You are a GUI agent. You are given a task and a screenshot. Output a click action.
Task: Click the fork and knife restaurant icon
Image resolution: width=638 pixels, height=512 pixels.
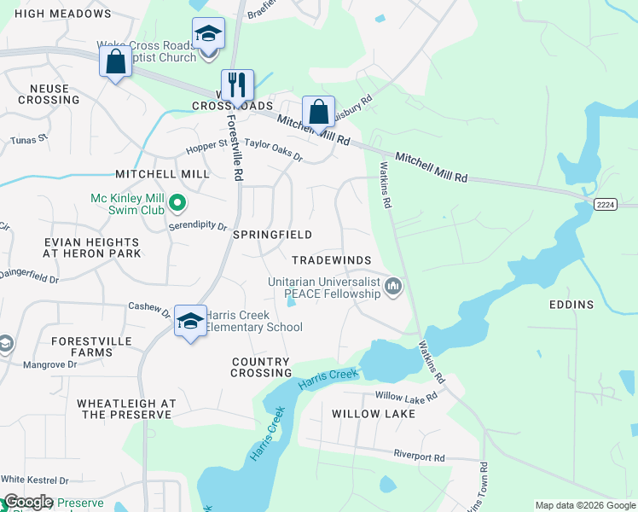point(238,84)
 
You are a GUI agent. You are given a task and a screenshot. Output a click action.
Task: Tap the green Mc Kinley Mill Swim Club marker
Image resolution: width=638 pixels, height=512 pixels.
point(177,203)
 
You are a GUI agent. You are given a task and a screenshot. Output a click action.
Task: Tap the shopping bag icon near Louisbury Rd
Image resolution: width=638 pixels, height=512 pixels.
point(318,111)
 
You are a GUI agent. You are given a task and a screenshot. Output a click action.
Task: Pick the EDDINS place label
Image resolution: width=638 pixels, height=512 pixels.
point(571,304)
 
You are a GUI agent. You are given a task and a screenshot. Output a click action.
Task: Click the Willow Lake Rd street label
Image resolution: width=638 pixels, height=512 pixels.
point(406,396)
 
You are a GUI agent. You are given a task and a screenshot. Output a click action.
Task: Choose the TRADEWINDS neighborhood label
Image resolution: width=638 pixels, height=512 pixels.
point(330,259)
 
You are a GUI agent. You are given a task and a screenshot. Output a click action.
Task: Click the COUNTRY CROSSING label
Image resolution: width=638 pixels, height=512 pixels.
point(262,367)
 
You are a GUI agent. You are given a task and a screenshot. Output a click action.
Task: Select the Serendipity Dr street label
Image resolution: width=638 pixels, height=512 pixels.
point(197,228)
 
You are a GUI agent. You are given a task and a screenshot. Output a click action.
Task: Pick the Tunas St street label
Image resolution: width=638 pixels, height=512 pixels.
point(28,140)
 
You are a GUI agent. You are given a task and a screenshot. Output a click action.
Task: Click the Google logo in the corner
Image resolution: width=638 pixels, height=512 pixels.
point(27,502)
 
